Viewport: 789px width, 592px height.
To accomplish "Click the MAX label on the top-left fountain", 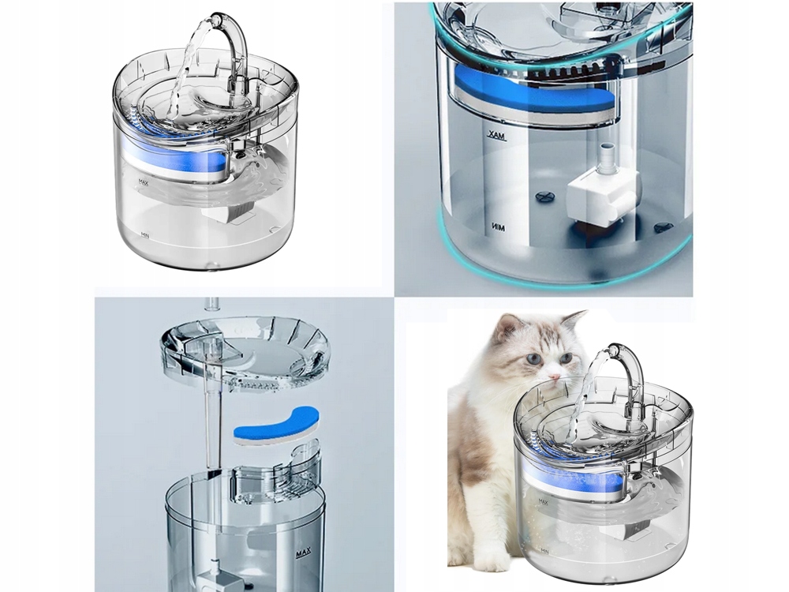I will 144,181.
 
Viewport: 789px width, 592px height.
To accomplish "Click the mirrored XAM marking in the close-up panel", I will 496,137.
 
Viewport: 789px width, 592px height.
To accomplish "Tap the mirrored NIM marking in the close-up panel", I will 496,227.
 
